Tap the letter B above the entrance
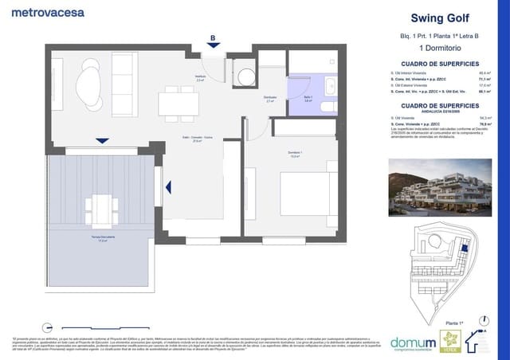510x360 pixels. click(x=213, y=37)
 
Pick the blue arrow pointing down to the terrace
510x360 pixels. click(x=102, y=141)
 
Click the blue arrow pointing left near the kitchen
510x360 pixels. click(x=168, y=187)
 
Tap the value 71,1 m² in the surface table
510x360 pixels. click(x=484, y=80)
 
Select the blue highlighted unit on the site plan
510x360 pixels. click(x=465, y=248)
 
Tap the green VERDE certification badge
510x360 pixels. click(x=450, y=340)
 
